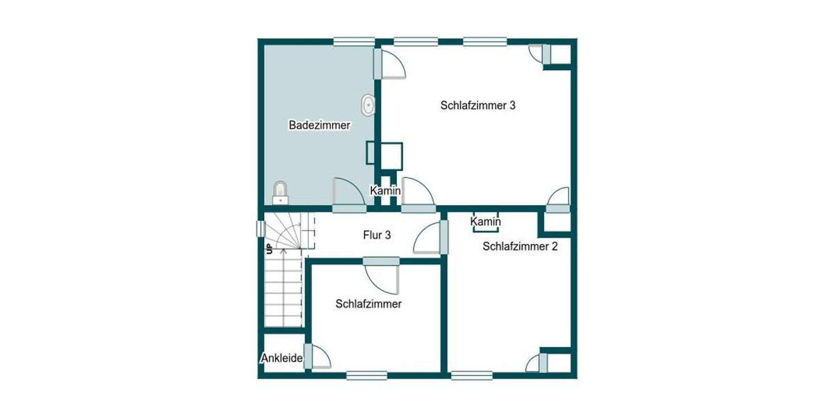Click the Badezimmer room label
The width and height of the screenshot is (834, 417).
(319, 126)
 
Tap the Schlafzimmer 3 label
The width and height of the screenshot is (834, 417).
(477, 106)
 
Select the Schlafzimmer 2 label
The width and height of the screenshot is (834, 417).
(520, 245)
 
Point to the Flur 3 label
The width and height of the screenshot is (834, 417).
(377, 235)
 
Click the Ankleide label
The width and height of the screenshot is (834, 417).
(281, 359)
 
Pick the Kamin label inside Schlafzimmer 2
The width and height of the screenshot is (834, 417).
(486, 222)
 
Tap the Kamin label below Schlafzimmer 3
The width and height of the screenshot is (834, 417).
(384, 190)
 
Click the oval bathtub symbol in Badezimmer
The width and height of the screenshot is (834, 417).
(367, 106)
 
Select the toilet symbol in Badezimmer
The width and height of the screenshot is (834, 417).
(280, 192)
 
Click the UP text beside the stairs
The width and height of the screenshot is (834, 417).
(268, 249)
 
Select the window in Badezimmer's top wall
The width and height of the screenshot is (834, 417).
(354, 42)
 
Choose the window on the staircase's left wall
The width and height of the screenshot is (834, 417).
(261, 229)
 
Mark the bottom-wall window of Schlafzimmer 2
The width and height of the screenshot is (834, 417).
(472, 375)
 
